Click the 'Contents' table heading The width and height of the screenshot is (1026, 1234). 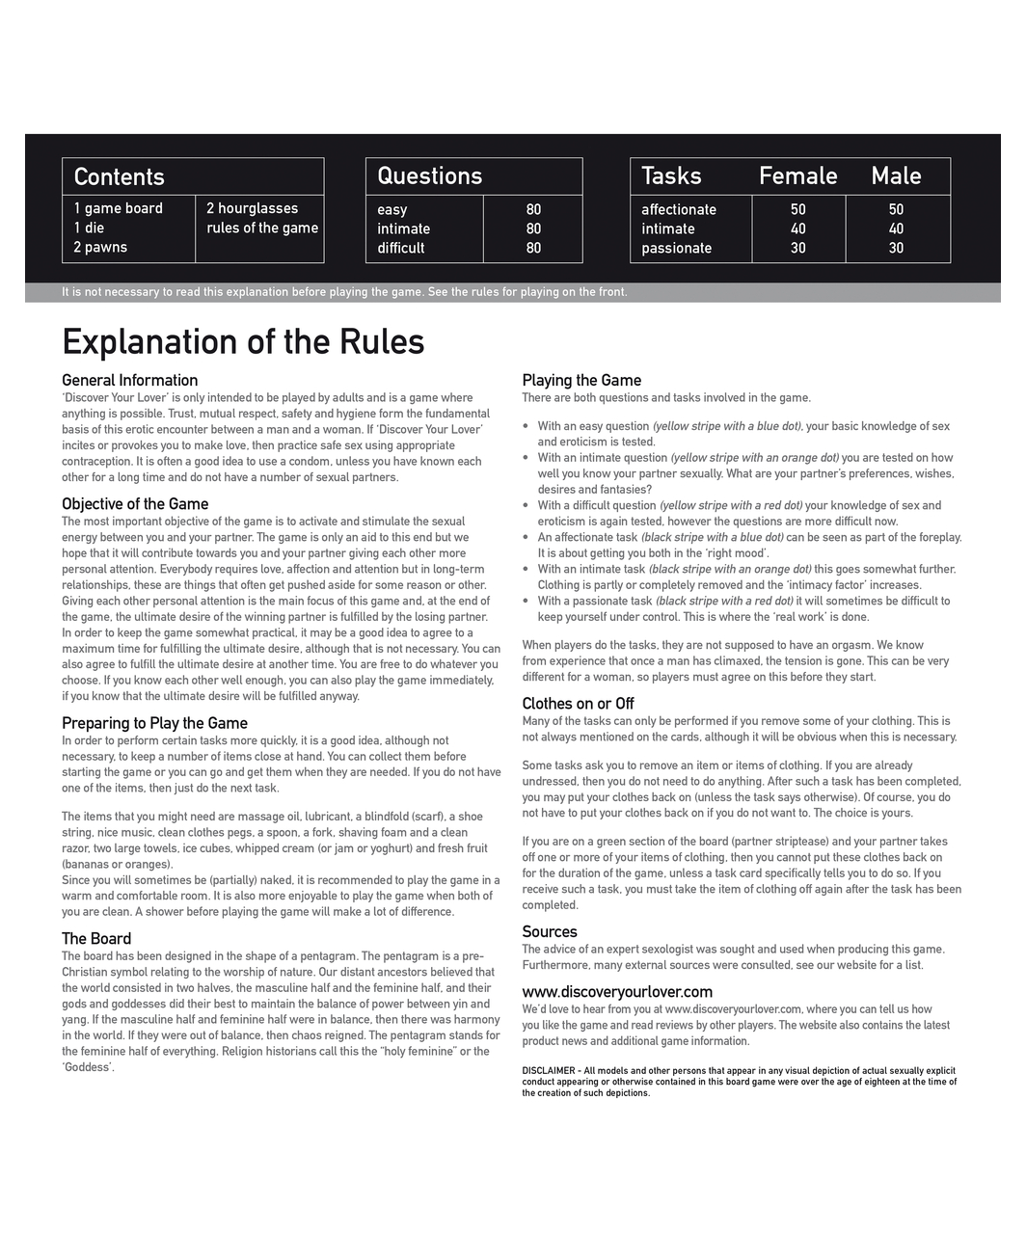pos(119,176)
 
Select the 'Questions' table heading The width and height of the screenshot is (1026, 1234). pos(429,175)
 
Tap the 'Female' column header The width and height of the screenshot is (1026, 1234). pos(797,175)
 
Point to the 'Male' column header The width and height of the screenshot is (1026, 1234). pos(896,175)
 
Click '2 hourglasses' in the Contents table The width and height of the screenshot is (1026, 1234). pos(252,208)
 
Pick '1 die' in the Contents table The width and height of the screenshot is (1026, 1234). pos(89,228)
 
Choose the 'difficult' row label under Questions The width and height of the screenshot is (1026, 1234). pos(400,248)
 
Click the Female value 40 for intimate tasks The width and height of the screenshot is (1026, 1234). pos(797,228)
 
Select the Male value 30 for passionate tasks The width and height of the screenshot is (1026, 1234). pos(896,248)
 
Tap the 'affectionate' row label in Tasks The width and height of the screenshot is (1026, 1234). pos(679,209)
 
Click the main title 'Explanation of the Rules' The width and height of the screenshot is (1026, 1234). pos(243,342)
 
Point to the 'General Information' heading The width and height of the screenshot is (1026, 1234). pos(129,380)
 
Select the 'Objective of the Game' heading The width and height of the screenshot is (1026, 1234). pos(135,503)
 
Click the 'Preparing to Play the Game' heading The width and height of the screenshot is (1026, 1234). pos(154,723)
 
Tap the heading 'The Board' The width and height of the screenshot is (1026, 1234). pos(96,938)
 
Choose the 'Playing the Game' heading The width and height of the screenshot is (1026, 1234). pos(581,380)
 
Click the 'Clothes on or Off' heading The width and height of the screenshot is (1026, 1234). pos(578,703)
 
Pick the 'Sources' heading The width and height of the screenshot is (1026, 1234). pos(550,931)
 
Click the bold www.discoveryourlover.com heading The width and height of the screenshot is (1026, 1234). pos(617,991)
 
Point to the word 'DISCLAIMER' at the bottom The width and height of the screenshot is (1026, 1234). pos(549,1070)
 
